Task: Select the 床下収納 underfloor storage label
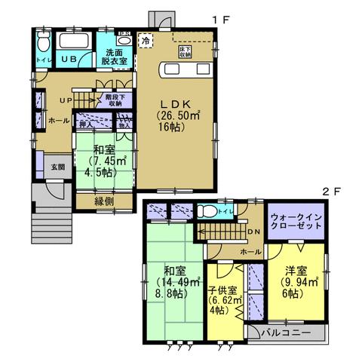click(x=183, y=52)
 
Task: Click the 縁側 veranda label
click(x=104, y=201)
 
